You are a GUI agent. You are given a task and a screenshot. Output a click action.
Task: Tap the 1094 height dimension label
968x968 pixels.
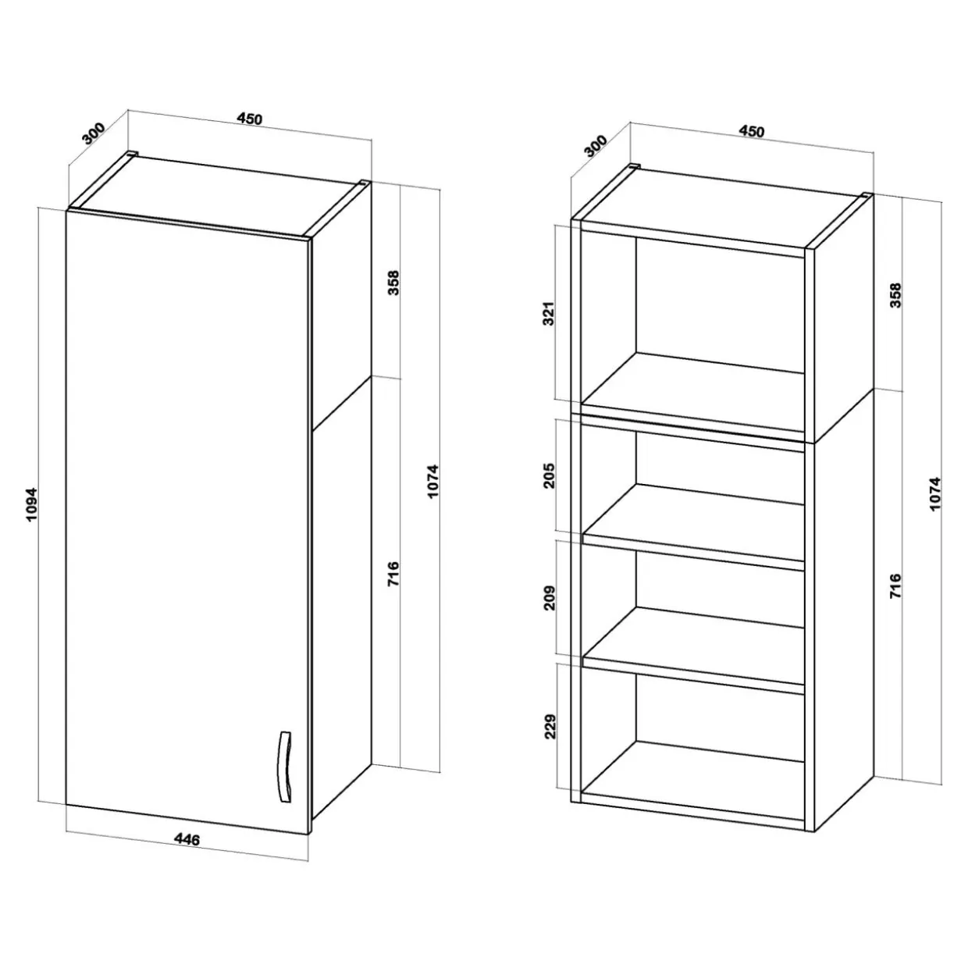(x=32, y=504)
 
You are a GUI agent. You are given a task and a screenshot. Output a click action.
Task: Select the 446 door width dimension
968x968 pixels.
(x=187, y=839)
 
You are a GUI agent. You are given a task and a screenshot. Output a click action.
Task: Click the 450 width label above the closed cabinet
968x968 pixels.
(x=250, y=119)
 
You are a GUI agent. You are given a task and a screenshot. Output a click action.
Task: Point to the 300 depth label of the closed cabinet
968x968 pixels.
(x=94, y=133)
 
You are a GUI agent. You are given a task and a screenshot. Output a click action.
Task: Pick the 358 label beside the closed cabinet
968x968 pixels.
(x=393, y=283)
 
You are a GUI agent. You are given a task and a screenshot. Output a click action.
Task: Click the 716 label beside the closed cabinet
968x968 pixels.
(x=393, y=574)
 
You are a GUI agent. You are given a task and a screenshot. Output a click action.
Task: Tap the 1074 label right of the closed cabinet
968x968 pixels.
(x=433, y=481)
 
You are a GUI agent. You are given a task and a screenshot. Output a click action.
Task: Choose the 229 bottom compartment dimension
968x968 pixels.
(x=550, y=726)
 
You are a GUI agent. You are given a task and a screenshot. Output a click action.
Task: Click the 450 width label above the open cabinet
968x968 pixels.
(x=751, y=131)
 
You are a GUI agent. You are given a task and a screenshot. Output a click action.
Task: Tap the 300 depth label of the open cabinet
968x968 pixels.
(x=596, y=146)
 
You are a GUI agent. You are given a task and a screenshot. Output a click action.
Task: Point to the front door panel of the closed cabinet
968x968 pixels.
(x=187, y=522)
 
